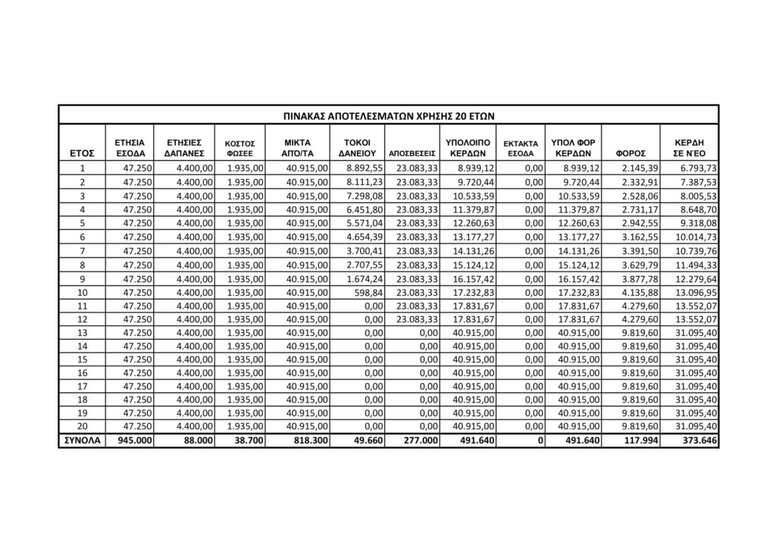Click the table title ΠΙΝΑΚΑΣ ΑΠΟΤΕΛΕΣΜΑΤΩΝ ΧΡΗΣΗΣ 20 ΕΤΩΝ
pos(388,115)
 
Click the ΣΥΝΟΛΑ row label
pos(82,441)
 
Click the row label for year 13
pos(82,334)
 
